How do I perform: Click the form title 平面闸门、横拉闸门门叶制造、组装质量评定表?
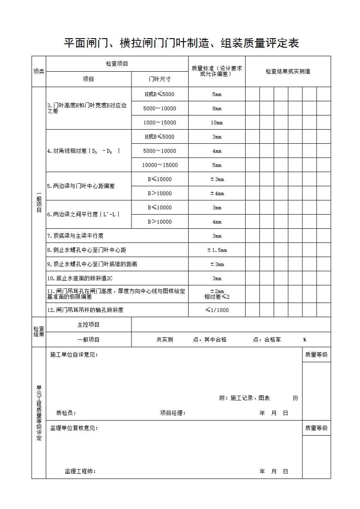point(181,43)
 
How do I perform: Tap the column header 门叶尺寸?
point(159,79)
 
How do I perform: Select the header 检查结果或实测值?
point(288,72)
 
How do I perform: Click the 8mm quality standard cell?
point(217,109)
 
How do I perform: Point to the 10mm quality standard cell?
point(217,123)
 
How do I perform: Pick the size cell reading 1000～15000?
point(159,123)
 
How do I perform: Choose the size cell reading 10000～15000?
point(159,165)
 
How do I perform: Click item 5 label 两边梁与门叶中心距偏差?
point(81,186)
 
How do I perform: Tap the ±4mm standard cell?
point(217,194)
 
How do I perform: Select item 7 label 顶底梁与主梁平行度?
point(75,236)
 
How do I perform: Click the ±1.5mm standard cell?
point(217,250)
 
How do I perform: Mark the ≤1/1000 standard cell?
point(217,310)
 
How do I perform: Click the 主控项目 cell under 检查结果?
point(88,325)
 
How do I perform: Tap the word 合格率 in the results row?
point(272,339)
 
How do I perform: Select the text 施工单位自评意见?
point(74,354)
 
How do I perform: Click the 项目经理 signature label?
point(173,413)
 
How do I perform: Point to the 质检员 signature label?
point(66,413)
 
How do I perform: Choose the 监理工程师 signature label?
point(80,471)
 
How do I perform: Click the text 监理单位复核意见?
point(74,428)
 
